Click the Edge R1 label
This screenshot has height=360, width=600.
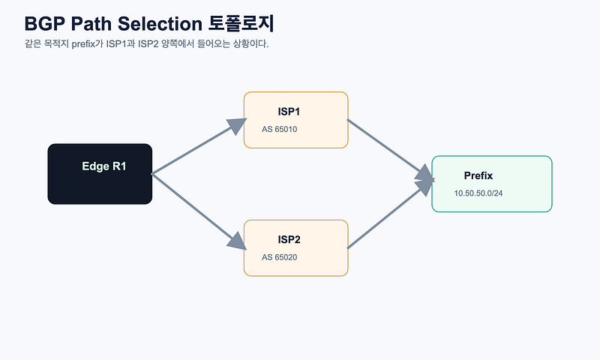(x=104, y=166)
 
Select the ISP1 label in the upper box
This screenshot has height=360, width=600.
(x=289, y=112)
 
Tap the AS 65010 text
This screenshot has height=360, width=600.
(x=279, y=129)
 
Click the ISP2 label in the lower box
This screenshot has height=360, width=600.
(x=289, y=239)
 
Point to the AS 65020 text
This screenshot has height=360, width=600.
(x=279, y=257)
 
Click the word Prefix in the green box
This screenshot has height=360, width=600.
(x=478, y=175)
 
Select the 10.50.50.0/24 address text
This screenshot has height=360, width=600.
(x=478, y=193)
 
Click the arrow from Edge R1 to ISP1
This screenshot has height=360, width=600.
(x=199, y=146)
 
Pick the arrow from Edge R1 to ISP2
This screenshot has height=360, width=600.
(x=199, y=211)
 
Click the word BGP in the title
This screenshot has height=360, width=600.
(x=44, y=24)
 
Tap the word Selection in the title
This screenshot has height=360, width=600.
(x=160, y=24)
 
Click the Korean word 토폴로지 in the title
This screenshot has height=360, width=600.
(x=241, y=23)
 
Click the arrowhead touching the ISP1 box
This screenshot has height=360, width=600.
(x=237, y=125)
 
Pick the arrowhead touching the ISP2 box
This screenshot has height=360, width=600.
(x=237, y=241)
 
